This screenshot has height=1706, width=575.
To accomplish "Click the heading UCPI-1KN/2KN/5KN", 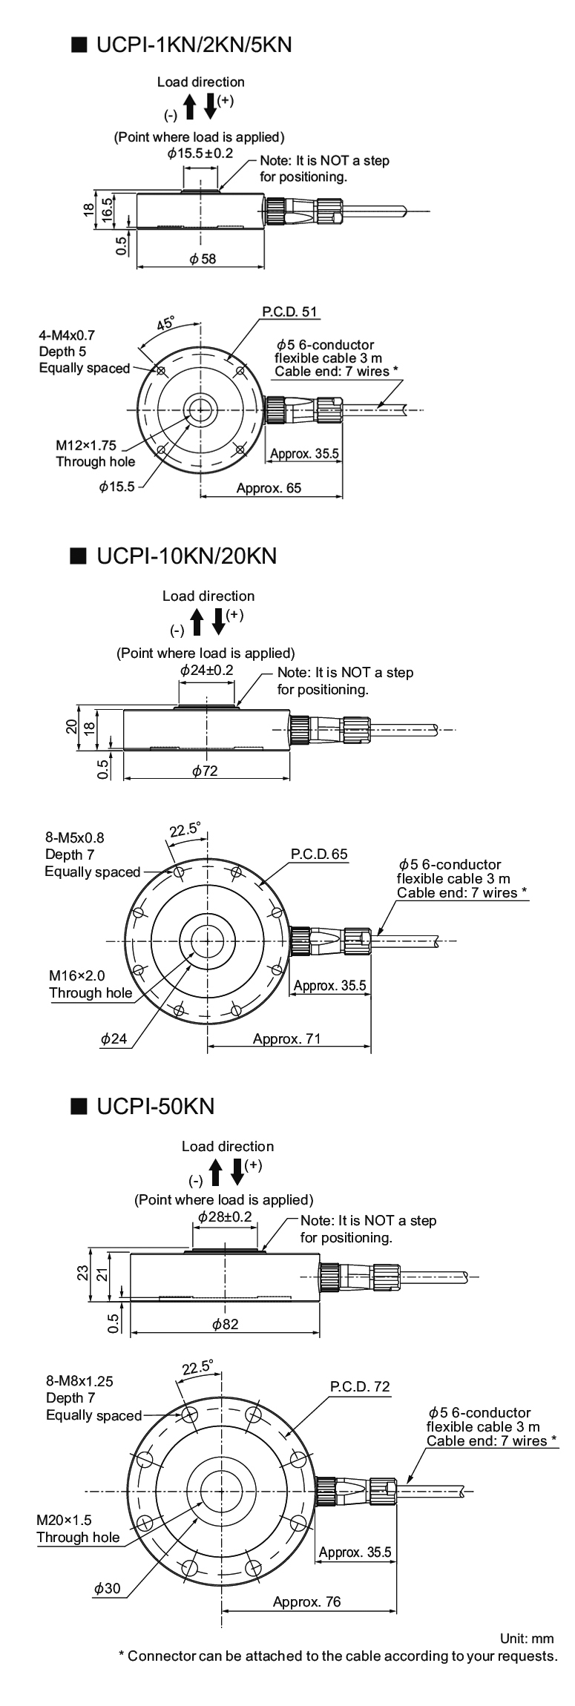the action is (x=194, y=45).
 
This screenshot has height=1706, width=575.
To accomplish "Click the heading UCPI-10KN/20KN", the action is (x=186, y=556).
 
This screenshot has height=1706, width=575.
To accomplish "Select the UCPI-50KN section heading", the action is (x=155, y=1106).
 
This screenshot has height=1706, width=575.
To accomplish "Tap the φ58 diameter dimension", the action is (x=203, y=259).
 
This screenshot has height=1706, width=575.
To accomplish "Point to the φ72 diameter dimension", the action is (x=205, y=771).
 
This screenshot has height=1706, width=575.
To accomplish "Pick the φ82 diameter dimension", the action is (x=225, y=1323).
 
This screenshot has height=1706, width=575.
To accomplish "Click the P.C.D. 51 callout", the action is (x=290, y=312).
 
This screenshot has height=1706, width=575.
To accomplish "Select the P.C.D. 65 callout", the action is (x=319, y=854).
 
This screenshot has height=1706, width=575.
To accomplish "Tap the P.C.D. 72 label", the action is (x=360, y=1386).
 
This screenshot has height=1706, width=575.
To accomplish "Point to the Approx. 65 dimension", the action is (x=269, y=487).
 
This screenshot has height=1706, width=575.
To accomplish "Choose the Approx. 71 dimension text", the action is (x=286, y=1038).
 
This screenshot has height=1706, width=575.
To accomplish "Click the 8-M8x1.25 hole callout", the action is (x=79, y=1381).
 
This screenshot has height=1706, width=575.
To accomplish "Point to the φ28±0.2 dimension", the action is (x=225, y=1217).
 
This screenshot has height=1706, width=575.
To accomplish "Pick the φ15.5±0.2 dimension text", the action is (x=200, y=154).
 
